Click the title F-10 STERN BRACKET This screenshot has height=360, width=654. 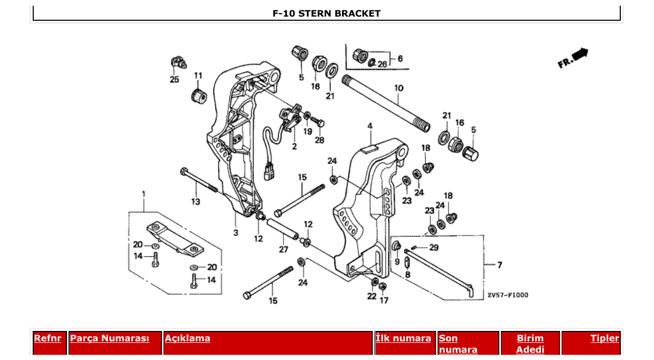pyautogui.click(x=326, y=13)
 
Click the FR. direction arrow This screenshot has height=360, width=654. pyautogui.click(x=573, y=58)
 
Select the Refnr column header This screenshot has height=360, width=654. pyautogui.click(x=47, y=339)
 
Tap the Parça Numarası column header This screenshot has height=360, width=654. pyautogui.click(x=110, y=339)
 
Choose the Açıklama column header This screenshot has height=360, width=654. pyautogui.click(x=187, y=339)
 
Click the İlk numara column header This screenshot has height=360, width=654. pyautogui.click(x=403, y=339)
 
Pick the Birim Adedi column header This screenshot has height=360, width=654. pyautogui.click(x=530, y=343)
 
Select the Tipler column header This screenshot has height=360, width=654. pyautogui.click(x=605, y=339)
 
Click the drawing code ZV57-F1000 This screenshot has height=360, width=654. pyautogui.click(x=508, y=295)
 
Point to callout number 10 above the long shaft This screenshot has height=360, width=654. pyautogui.click(x=398, y=88)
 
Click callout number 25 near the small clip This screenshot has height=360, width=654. pyautogui.click(x=174, y=79)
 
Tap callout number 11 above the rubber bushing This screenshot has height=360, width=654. pyautogui.click(x=198, y=76)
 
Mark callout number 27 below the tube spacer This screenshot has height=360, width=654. pyautogui.click(x=283, y=250)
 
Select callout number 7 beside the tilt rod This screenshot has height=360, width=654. pyautogui.click(x=499, y=265)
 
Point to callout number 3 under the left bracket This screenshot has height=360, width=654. pyautogui.click(x=236, y=233)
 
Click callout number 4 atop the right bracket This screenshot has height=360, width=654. pyautogui.click(x=370, y=126)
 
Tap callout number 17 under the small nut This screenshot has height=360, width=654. pyautogui.click(x=384, y=300)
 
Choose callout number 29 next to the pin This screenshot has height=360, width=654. pyautogui.click(x=433, y=247)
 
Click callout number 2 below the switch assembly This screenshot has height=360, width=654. pyautogui.click(x=294, y=147)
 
